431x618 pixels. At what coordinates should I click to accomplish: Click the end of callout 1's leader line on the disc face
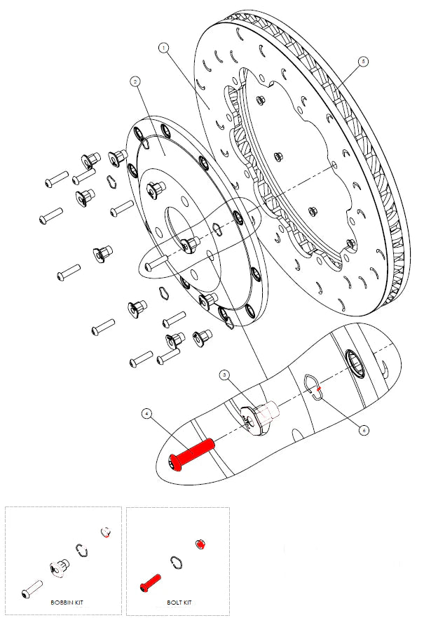tap(209, 109)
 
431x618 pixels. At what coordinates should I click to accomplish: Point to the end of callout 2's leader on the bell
tap(164, 155)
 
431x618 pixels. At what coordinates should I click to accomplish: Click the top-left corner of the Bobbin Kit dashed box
tap(5, 507)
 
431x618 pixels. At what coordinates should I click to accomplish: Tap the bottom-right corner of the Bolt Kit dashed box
tap(229, 615)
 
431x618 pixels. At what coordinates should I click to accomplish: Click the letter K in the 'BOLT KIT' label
tap(184, 603)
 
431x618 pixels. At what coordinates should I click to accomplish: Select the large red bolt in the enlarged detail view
tap(191, 455)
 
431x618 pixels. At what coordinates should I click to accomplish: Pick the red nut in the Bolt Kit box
tap(200, 545)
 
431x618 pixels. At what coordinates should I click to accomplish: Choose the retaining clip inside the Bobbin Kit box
tap(82, 551)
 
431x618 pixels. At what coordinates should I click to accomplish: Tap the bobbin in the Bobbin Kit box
tap(59, 568)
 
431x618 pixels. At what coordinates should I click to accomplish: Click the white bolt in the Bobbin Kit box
tap(32, 589)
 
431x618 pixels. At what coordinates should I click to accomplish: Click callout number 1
tap(163, 48)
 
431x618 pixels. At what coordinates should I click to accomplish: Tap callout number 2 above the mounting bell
tap(135, 81)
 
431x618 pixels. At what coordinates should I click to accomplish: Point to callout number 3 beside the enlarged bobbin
tap(224, 375)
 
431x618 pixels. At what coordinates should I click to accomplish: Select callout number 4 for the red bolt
tap(146, 413)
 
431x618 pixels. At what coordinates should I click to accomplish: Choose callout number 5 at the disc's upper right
tap(364, 61)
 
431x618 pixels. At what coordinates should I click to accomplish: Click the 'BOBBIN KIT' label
tap(67, 603)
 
